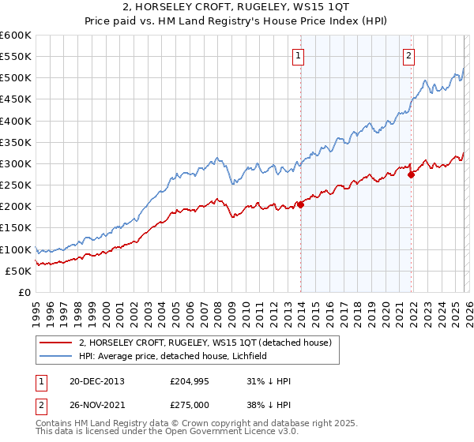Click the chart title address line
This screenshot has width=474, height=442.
pyautogui.click(x=236, y=9)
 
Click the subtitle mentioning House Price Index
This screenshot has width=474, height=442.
pyautogui.click(x=236, y=22)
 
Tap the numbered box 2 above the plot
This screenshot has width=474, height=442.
pyautogui.click(x=409, y=55)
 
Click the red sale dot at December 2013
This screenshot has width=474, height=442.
pyautogui.click(x=300, y=204)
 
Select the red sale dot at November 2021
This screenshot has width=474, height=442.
pyautogui.click(x=411, y=175)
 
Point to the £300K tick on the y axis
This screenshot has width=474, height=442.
pyautogui.click(x=16, y=164)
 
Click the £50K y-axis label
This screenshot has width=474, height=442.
pyautogui.click(x=18, y=271)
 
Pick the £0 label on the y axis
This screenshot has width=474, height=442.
pyautogui.click(x=24, y=292)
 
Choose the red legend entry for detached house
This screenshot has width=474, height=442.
pyautogui.click(x=209, y=343)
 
